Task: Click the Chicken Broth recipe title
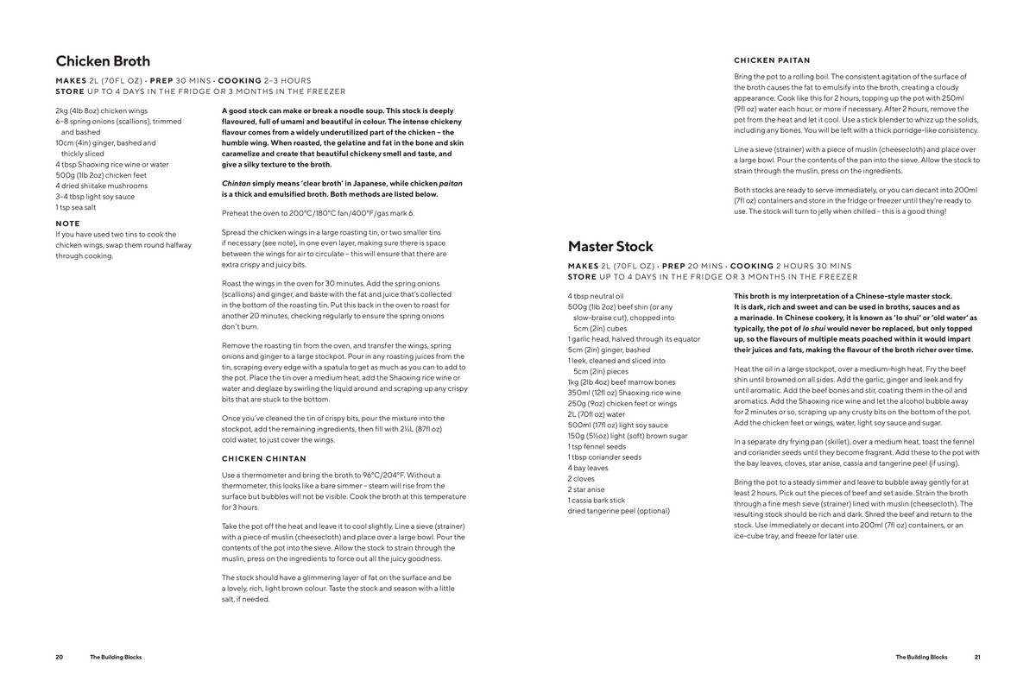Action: tap(103, 61)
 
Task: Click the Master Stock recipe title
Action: tap(610, 247)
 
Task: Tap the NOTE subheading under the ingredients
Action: tap(67, 224)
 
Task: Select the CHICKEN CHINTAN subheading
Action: tap(263, 458)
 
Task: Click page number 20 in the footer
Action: tap(60, 657)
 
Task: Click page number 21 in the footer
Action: tap(977, 657)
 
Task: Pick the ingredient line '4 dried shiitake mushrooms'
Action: tap(100, 186)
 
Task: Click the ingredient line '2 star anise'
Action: tap(587, 489)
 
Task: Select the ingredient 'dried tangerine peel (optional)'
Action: tap(618, 511)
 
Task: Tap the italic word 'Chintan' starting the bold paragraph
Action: tap(236, 184)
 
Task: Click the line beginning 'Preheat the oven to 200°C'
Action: tap(318, 212)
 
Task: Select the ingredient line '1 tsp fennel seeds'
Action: tap(597, 446)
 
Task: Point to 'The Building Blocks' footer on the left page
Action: tap(116, 657)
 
